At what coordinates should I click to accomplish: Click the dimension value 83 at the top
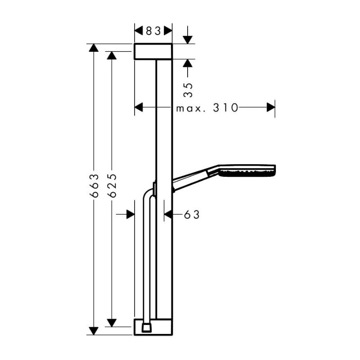tap(153, 31)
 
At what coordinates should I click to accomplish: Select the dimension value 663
tap(94, 185)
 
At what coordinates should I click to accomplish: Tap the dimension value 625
tap(112, 185)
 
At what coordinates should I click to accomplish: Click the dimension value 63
tap(192, 215)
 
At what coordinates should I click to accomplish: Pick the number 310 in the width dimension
tap(225, 108)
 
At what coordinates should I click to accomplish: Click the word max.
tap(190, 108)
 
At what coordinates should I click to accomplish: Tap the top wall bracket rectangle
tap(153, 51)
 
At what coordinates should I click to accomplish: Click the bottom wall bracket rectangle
tap(153, 327)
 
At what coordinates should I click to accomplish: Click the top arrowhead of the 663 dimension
tap(94, 48)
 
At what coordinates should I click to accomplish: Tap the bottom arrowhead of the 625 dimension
tap(112, 323)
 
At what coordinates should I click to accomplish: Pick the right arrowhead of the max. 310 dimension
tap(271, 107)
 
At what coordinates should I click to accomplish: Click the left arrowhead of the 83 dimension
tap(139, 31)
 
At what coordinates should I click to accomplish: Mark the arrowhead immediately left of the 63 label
tap(168, 215)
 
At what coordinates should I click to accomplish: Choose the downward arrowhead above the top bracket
tap(188, 40)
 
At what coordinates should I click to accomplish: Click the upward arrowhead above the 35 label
tap(188, 63)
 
